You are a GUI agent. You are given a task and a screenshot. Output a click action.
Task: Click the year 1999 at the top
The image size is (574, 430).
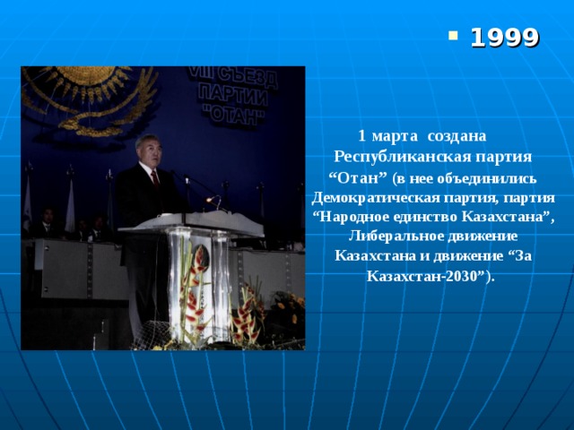pyautogui.click(x=504, y=38)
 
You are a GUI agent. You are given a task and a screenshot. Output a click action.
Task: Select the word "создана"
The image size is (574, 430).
pyautogui.click(x=457, y=136)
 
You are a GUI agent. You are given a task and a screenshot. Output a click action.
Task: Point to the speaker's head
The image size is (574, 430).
pyautogui.click(x=148, y=150)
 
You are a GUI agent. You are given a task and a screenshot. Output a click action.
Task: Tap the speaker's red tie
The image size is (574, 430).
pyautogui.click(x=155, y=178)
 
